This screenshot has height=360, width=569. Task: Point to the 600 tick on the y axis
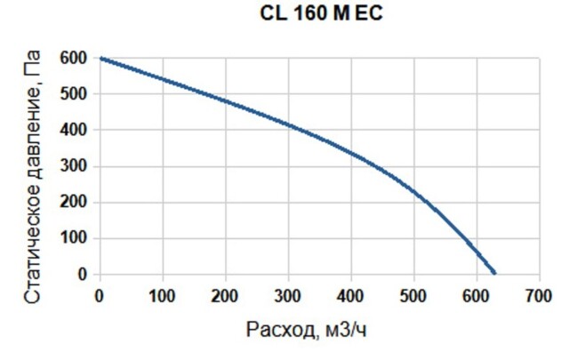pos(75,58)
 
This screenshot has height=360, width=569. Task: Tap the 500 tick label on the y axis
pos(75,94)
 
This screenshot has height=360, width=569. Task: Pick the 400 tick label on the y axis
pos(75,130)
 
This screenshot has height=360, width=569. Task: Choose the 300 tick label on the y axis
pos(75,166)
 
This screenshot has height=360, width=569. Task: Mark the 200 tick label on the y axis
pos(75,203)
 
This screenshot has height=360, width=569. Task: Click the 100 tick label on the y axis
pos(75,238)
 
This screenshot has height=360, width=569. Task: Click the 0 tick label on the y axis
pos(82,275)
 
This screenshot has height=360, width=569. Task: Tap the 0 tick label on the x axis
pos(100,295)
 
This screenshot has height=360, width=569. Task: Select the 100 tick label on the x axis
pos(163,295)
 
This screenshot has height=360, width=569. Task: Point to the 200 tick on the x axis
pos(226,295)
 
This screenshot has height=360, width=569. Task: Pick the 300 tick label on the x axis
pos(288,295)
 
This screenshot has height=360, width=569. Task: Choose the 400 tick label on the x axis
pos(351,295)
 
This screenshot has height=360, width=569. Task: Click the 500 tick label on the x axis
pos(414,295)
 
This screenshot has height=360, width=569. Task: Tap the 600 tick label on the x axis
pos(477,295)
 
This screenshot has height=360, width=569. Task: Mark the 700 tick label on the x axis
pos(540,295)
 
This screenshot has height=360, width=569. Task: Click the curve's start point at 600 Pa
pos(100,59)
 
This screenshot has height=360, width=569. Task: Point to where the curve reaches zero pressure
pos(494,274)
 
